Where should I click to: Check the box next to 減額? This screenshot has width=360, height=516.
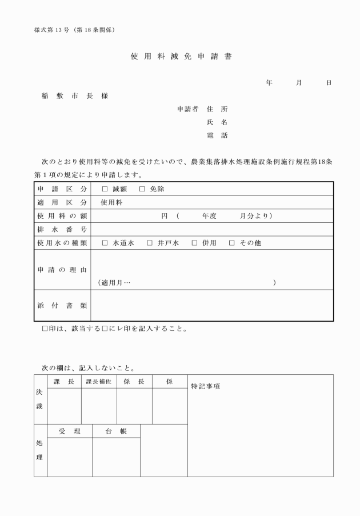tap(105, 189)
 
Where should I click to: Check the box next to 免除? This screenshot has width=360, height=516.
tap(142, 189)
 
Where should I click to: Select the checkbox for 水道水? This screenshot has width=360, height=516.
tap(105, 243)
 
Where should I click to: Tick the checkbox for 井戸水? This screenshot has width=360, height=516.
tap(150, 243)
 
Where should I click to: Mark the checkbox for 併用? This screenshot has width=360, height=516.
tap(194, 243)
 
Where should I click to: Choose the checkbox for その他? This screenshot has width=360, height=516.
tap(232, 243)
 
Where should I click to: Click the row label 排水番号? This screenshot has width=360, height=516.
tap(62, 229)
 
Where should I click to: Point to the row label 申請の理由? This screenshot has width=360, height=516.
tap(62, 269)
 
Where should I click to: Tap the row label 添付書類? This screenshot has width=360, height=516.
tap(62, 305)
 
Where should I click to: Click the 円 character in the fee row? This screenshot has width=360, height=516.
tap(165, 216)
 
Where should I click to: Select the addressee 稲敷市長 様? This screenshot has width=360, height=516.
tap(74, 95)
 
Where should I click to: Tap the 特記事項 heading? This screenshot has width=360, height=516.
tap(205, 386)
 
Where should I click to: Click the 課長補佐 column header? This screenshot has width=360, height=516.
tap(99, 382)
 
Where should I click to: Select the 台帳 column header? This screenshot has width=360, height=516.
tap(116, 431)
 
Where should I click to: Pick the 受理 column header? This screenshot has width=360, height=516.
tap(70, 431)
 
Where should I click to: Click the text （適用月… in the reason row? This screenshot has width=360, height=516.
tap(114, 282)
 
